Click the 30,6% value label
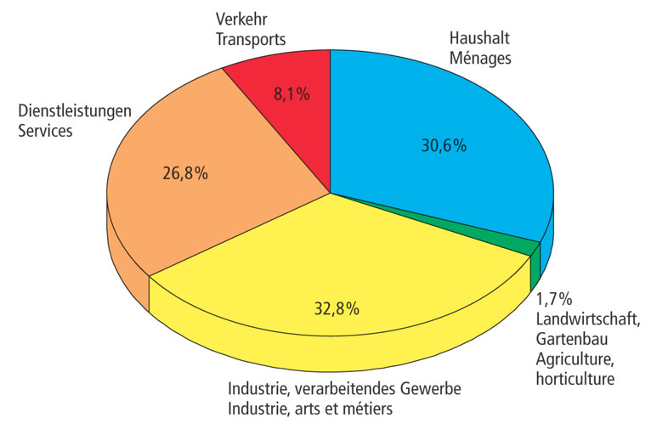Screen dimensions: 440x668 tap(444, 145)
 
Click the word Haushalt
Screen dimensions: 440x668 tap(479, 39)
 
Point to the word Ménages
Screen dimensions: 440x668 tap(479, 59)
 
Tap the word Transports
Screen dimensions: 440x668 tap(250, 39)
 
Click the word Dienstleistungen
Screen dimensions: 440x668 tap(76, 111)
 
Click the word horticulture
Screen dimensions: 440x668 tap(575, 379)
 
